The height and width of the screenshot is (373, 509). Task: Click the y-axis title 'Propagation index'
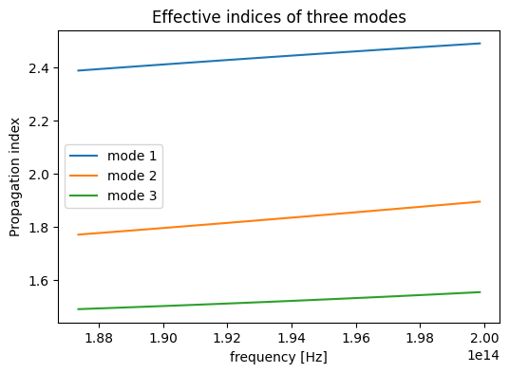tap(14, 177)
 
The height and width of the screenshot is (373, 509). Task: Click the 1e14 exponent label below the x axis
tap(483, 355)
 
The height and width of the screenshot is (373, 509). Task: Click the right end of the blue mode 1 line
tap(481, 44)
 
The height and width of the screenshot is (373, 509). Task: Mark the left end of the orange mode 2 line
tap(78, 234)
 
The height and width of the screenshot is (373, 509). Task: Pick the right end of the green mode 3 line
tap(481, 292)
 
